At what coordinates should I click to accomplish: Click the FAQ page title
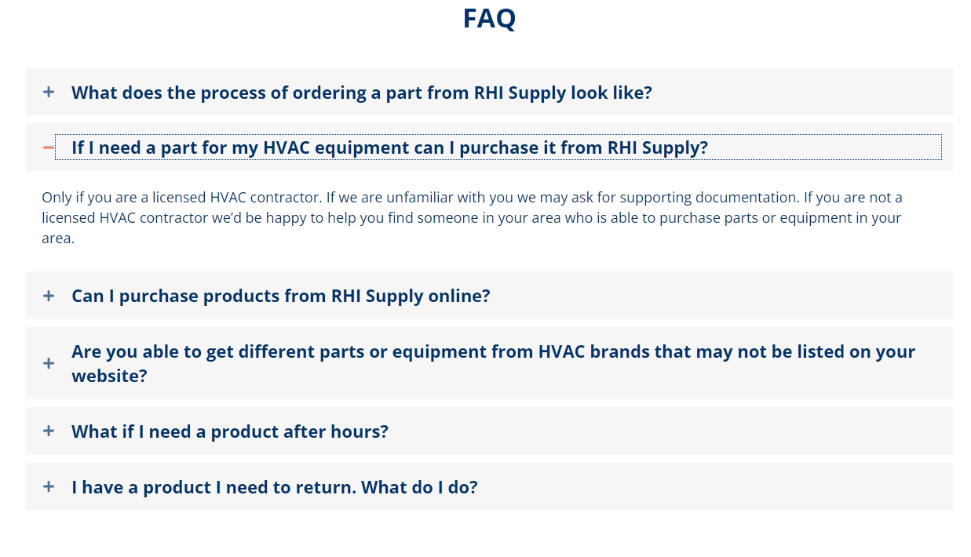coord(489,19)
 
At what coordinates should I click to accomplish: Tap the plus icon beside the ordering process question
coord(49,92)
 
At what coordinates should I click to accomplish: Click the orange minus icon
coord(49,147)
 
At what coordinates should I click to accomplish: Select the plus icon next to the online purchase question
coord(49,296)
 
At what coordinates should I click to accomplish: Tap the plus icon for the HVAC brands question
coord(49,363)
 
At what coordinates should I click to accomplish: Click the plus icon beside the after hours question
coord(49,431)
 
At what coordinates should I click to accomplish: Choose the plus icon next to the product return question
coord(49,486)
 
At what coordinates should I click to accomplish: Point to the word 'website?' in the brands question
coord(110,376)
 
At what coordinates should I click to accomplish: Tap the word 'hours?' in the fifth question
coord(360,431)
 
